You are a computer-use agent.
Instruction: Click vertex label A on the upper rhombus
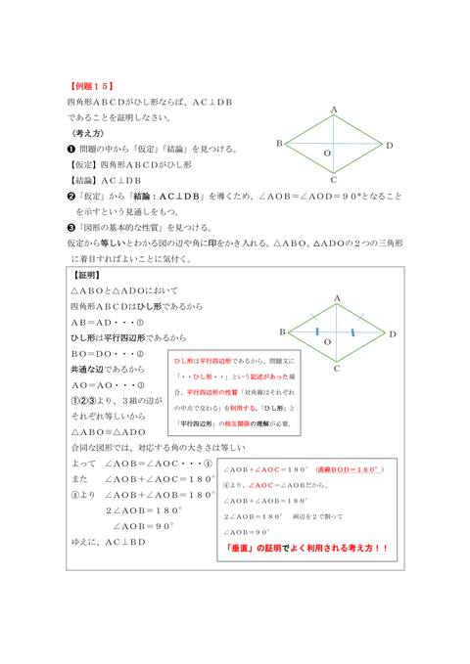[x=334, y=110]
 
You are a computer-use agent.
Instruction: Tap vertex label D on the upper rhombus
[x=390, y=145]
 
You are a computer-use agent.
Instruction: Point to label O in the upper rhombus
[x=327, y=155]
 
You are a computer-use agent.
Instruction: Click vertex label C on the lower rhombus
[x=335, y=369]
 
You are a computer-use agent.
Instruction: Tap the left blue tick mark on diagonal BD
[x=317, y=333]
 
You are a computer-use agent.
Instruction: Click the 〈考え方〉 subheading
[x=88, y=132]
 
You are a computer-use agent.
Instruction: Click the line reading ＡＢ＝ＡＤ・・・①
[x=107, y=323]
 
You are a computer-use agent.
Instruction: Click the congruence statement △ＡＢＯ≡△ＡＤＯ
[x=108, y=431]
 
